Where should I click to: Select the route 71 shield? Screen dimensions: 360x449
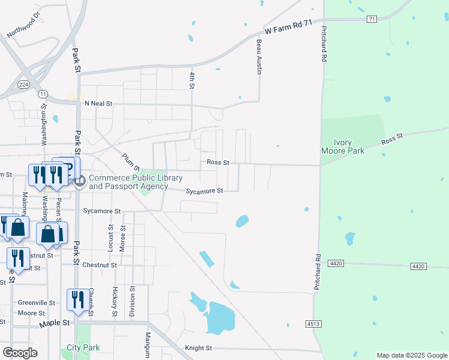point(372,20)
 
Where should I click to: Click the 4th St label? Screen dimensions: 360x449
point(192,80)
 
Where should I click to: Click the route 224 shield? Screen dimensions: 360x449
point(24,85)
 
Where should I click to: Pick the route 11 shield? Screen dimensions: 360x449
point(43,94)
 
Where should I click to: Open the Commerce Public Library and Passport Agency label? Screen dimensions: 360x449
point(128,182)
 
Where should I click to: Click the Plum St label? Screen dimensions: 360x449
point(130,161)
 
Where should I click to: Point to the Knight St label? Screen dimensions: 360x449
point(199,348)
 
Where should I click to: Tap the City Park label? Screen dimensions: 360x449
point(83,347)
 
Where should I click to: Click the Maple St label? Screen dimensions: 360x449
point(55,323)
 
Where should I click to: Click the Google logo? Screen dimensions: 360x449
point(20,353)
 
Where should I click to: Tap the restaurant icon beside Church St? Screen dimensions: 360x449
point(77,299)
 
